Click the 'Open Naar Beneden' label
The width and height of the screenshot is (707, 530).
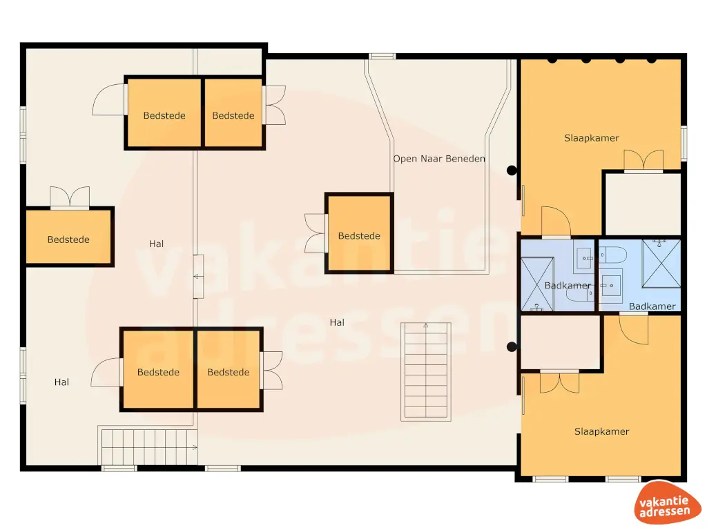(x=439, y=159)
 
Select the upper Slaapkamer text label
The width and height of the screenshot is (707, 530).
(x=591, y=138)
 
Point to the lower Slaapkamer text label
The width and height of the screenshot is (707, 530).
(x=601, y=431)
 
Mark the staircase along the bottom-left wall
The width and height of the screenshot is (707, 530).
(x=148, y=446)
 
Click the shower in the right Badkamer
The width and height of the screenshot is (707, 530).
(x=661, y=262)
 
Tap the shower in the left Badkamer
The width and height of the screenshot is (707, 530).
(x=537, y=284)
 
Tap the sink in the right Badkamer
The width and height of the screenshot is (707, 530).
(x=610, y=285)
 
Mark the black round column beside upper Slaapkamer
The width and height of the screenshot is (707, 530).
(x=512, y=170)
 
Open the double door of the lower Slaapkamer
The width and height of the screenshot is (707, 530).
(x=559, y=382)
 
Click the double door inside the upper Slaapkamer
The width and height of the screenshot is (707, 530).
(x=643, y=161)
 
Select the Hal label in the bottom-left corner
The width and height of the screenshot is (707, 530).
(x=61, y=382)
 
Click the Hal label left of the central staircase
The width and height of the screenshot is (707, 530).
(x=337, y=322)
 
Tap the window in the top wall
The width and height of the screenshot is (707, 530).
(x=381, y=56)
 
